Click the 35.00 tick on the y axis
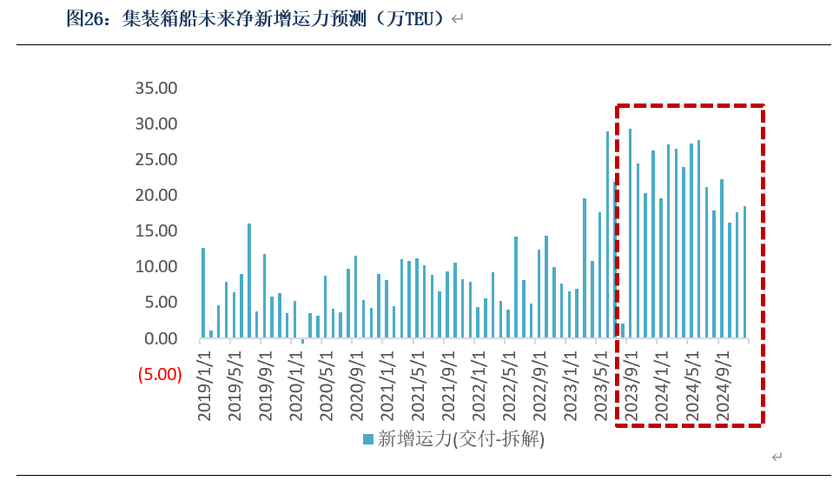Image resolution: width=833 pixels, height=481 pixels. [156, 88]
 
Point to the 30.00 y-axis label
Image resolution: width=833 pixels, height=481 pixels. [156, 124]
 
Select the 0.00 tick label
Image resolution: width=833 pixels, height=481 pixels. [161, 338]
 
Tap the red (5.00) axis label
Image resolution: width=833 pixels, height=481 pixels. [159, 375]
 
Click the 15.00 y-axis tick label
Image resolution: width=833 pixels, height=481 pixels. [156, 230]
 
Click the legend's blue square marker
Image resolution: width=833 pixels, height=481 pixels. [368, 439]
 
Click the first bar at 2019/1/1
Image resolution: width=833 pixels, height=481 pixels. [203, 293]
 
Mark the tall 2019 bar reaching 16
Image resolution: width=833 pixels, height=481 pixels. [249, 281]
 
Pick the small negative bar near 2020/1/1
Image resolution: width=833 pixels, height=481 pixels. [302, 341]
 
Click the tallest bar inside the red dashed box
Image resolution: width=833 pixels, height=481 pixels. [630, 233]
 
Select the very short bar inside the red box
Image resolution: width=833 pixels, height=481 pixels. [623, 331]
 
